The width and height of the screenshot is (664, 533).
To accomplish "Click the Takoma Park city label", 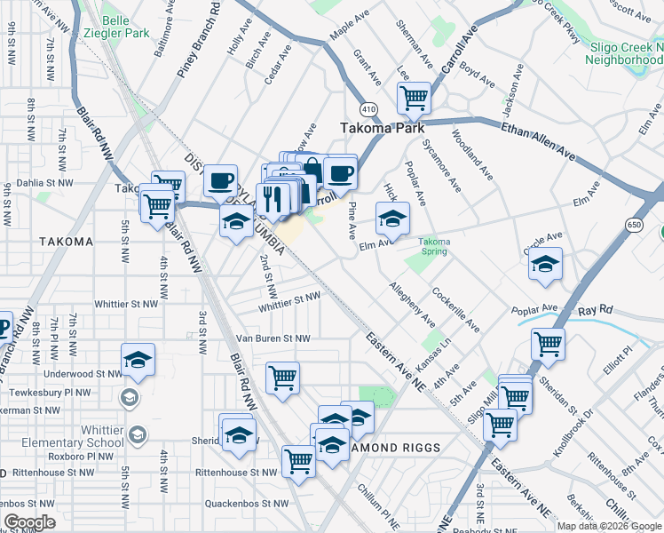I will tap(384, 128).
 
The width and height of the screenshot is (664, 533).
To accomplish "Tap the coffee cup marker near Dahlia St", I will tap(220, 180).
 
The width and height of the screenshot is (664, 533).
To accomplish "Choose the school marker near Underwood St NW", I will tap(138, 361).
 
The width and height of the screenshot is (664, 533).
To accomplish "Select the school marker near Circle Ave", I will tap(545, 263).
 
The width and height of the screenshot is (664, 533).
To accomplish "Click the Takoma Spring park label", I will tap(434, 246).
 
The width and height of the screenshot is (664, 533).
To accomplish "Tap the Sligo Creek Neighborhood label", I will tap(624, 52).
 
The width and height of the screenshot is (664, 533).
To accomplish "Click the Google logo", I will tap(29, 522).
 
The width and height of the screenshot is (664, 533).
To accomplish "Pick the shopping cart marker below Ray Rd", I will tap(548, 344).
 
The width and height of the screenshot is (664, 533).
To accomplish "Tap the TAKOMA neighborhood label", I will tap(66, 241).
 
